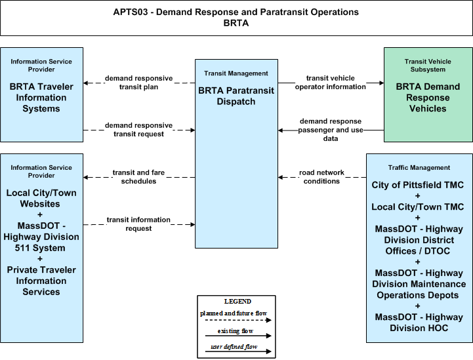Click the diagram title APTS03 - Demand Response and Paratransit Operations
(236, 12)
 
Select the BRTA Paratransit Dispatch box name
(236, 96)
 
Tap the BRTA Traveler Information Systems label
(41, 98)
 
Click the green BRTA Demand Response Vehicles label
(428, 98)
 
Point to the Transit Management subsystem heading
(236, 73)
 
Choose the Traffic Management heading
(419, 168)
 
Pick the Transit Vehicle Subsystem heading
(428, 66)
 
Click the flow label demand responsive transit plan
(139, 83)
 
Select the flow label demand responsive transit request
(139, 130)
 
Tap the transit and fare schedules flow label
(139, 176)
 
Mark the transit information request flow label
(139, 224)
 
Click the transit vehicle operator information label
(331, 83)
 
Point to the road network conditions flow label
(321, 176)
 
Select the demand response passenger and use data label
(331, 130)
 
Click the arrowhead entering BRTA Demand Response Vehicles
(382, 83)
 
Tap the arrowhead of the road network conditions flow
(281, 177)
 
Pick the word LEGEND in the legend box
(237, 302)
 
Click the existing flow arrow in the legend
(238, 336)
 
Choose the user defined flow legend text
(234, 347)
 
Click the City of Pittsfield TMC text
(417, 185)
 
